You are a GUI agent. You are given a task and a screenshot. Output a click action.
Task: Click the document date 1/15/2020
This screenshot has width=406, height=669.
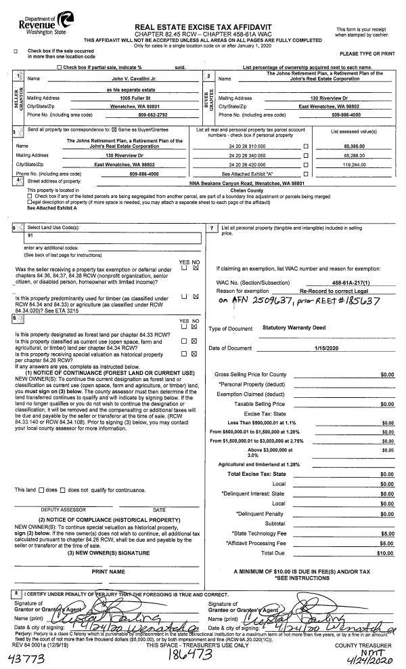pos(324,348)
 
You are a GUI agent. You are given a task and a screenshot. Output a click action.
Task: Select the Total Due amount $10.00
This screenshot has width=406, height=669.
pos(386,553)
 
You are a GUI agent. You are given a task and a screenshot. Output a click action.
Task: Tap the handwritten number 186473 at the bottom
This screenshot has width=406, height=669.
pos(185,655)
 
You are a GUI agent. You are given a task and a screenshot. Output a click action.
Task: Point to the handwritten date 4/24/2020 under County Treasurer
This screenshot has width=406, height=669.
pos(378,656)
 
